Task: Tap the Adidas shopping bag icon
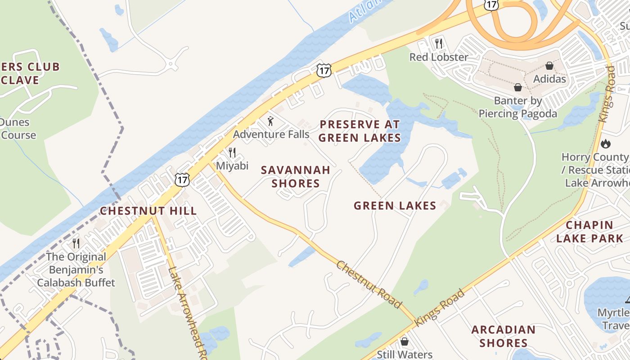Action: pyautogui.click(x=549, y=66)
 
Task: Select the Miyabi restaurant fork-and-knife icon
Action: pyautogui.click(x=232, y=153)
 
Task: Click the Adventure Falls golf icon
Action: pyautogui.click(x=270, y=121)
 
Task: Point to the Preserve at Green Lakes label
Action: pyautogui.click(x=360, y=131)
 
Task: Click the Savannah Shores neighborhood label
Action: pyautogui.click(x=296, y=177)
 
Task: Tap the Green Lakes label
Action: pyautogui.click(x=395, y=206)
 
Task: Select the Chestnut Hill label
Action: pyautogui.click(x=148, y=211)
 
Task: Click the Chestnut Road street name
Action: pyautogui.click(x=369, y=285)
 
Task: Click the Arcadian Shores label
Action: pyautogui.click(x=503, y=336)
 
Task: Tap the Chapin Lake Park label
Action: pyautogui.click(x=589, y=232)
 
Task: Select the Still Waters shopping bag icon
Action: pyautogui.click(x=405, y=342)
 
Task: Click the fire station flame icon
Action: pyautogui.click(x=606, y=144)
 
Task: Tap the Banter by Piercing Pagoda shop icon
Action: pyautogui.click(x=518, y=87)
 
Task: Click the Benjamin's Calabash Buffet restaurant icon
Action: pyautogui.click(x=76, y=243)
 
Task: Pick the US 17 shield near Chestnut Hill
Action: pyautogui.click(x=182, y=180)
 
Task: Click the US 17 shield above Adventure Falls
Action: pyautogui.click(x=324, y=70)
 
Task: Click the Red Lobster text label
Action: pyautogui.click(x=439, y=57)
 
